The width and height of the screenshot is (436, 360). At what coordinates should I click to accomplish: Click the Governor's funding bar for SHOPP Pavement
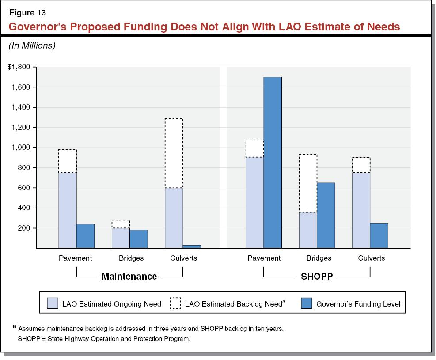coord(273,163)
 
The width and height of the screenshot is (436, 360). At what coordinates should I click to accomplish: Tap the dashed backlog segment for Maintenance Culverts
coord(174,153)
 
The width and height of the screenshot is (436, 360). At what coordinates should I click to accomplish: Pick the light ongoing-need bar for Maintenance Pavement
coord(68,210)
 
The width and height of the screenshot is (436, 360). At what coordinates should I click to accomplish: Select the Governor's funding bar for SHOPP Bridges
coord(326,215)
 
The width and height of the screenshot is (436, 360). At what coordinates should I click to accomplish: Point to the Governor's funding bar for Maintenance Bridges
coord(138,239)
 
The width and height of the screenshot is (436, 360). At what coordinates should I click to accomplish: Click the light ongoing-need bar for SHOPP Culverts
coord(361,210)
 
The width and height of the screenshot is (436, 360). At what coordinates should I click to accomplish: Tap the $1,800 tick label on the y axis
coord(19,67)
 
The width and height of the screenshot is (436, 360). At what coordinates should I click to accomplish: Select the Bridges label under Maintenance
coord(131,258)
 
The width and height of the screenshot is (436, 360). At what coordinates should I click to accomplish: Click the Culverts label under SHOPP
coord(371,258)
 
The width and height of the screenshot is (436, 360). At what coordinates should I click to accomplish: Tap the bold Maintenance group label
coord(129,277)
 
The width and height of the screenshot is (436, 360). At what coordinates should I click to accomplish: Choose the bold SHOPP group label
coord(316,277)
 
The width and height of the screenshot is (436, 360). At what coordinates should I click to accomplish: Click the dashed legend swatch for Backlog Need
coord(175,303)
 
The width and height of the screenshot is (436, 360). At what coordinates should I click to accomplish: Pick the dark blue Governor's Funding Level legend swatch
coord(306,303)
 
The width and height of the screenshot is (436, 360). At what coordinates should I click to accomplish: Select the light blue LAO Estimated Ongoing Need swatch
coord(53,303)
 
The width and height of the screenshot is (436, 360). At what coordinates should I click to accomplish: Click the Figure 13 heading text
coord(27,13)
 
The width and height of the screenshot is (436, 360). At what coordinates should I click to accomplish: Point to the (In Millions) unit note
coord(32,45)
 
